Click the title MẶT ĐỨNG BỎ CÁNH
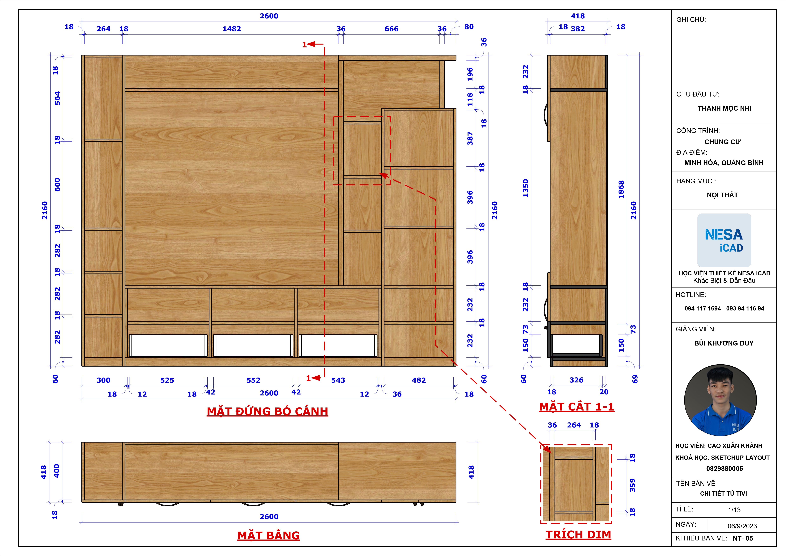click(267, 411)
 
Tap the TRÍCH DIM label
click(578, 534)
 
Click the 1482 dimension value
click(232, 29)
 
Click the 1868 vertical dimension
click(621, 189)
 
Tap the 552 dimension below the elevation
click(253, 380)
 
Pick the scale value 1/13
click(734, 510)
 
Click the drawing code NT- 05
click(743, 538)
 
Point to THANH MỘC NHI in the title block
click(724, 108)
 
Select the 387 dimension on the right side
click(470, 139)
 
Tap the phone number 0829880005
click(724, 468)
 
